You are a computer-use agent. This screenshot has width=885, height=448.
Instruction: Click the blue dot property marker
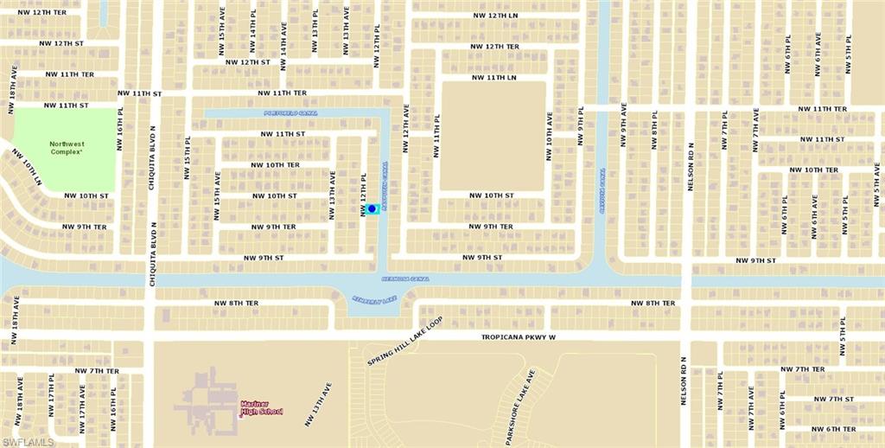(372, 208)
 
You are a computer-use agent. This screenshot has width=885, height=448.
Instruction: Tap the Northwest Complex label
(66, 148)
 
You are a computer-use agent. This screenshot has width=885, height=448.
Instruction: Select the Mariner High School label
(261, 407)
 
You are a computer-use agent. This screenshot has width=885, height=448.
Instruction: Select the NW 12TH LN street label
(507, 16)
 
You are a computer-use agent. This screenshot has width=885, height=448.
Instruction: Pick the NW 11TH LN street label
(493, 77)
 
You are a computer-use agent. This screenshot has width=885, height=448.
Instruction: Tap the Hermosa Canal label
(405, 278)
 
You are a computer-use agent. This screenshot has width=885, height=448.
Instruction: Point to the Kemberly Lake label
(373, 298)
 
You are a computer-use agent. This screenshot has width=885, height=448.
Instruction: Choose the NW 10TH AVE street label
(548, 136)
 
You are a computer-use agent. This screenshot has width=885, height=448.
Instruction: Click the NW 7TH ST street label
(833, 399)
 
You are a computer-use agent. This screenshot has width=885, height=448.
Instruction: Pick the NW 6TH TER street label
(833, 429)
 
